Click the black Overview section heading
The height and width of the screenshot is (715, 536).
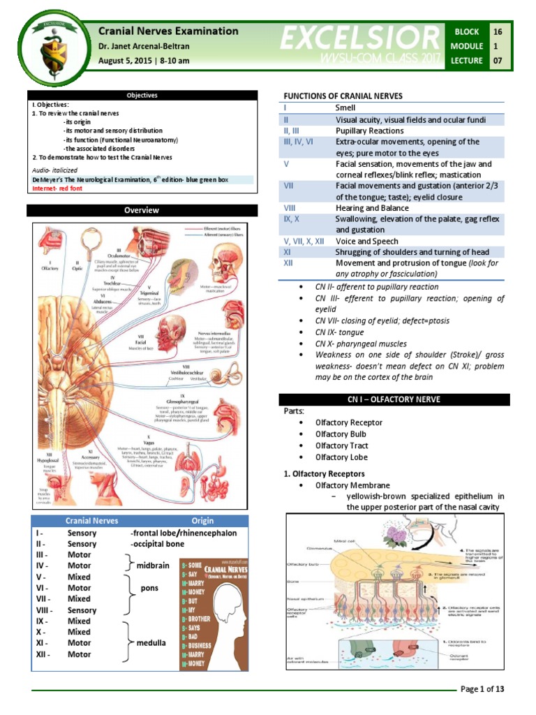tap(142, 210)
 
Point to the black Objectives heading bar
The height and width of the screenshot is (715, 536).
tap(142, 96)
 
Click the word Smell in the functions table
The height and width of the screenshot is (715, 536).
tap(345, 108)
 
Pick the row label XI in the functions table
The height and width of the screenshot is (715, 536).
tap(288, 252)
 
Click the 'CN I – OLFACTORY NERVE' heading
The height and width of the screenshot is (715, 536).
tap(394, 399)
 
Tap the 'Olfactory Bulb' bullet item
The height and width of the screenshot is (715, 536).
tap(340, 434)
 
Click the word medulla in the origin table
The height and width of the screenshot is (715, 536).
tap(151, 642)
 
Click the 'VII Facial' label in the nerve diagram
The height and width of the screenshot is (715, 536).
tap(140, 339)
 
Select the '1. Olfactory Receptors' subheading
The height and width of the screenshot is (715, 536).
tap(325, 473)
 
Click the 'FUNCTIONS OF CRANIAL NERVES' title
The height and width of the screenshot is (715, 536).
tap(342, 96)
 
